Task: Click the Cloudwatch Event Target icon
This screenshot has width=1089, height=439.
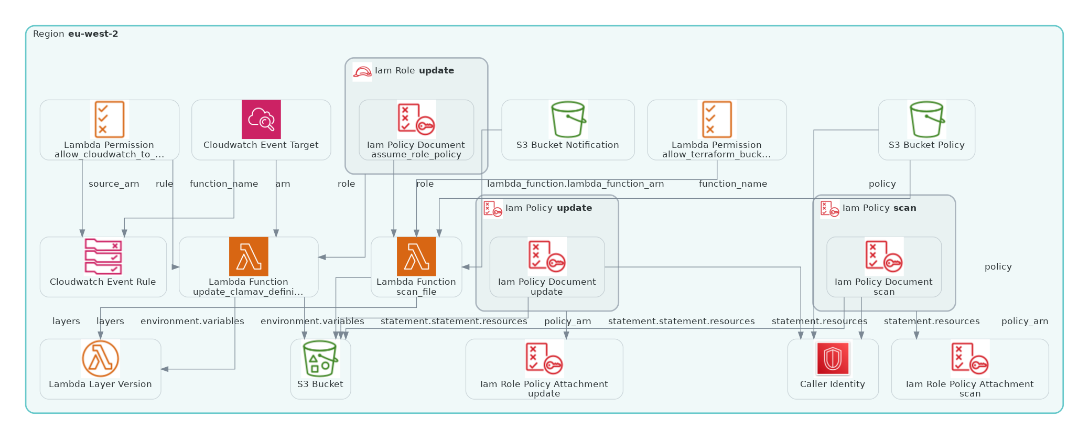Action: pos(261,120)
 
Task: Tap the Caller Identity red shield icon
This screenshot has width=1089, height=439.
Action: pos(833,359)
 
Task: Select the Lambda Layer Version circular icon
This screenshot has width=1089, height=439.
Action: pos(100,359)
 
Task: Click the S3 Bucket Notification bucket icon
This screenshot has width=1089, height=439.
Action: pos(568,120)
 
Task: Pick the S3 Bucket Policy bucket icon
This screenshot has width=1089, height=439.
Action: pos(926,120)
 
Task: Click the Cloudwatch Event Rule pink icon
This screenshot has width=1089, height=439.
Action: pos(103,256)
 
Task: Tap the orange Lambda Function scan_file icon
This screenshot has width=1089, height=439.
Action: pos(416,256)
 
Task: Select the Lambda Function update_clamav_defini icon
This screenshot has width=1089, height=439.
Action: pos(249,256)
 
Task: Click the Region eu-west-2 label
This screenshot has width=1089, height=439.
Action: pos(76,34)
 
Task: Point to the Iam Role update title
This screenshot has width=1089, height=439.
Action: pos(414,71)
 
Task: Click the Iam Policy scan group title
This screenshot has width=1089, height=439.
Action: pos(879,208)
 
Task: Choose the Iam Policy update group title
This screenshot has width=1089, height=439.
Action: pos(548,208)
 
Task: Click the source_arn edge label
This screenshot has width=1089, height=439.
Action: pos(114,184)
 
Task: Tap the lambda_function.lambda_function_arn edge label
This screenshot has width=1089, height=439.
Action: pos(575,184)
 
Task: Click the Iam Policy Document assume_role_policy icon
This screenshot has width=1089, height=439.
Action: pos(416,120)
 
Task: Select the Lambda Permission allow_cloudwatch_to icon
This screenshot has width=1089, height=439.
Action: pos(109,120)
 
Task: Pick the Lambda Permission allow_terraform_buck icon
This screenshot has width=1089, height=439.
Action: pos(717,120)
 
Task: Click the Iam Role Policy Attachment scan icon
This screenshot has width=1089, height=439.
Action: pos(970,359)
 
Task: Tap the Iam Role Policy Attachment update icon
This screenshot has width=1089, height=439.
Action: pos(544,359)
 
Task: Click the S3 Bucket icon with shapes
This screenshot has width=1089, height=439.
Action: pos(320,359)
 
